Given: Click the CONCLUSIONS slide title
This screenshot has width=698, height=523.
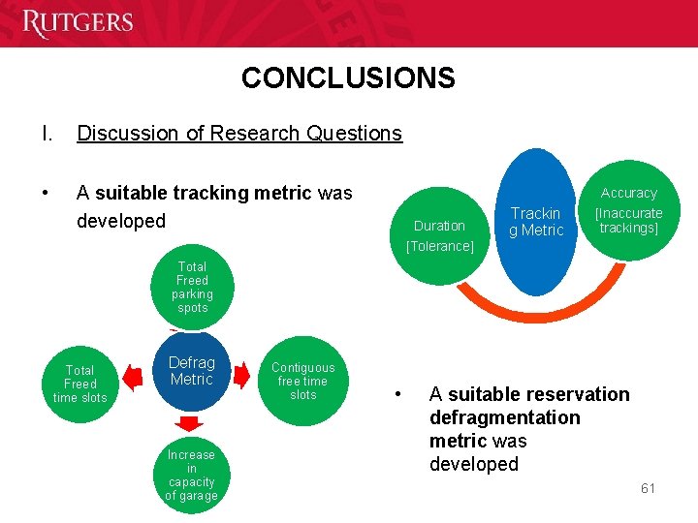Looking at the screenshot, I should [348, 77].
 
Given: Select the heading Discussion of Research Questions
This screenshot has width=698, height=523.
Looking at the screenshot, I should [239, 134].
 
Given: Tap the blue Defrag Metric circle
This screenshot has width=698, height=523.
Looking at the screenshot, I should [191, 371].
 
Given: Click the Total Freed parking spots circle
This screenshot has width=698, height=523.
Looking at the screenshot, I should [192, 287].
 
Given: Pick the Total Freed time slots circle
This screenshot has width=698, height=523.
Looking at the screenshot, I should [80, 384].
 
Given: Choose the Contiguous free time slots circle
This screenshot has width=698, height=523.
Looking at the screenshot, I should [302, 381].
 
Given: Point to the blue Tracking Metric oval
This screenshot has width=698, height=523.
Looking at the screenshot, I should [535, 222].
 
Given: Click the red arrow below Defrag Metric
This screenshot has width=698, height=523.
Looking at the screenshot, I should [191, 423].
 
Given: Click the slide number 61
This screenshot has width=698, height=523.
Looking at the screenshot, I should [648, 488].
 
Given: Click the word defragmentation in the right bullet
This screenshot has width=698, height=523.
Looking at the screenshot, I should [505, 417].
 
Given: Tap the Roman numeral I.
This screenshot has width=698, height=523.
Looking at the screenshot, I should [46, 134].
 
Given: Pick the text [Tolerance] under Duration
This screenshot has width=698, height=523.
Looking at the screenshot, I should [439, 246].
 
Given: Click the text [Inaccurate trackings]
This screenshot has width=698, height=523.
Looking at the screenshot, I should [628, 221].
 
